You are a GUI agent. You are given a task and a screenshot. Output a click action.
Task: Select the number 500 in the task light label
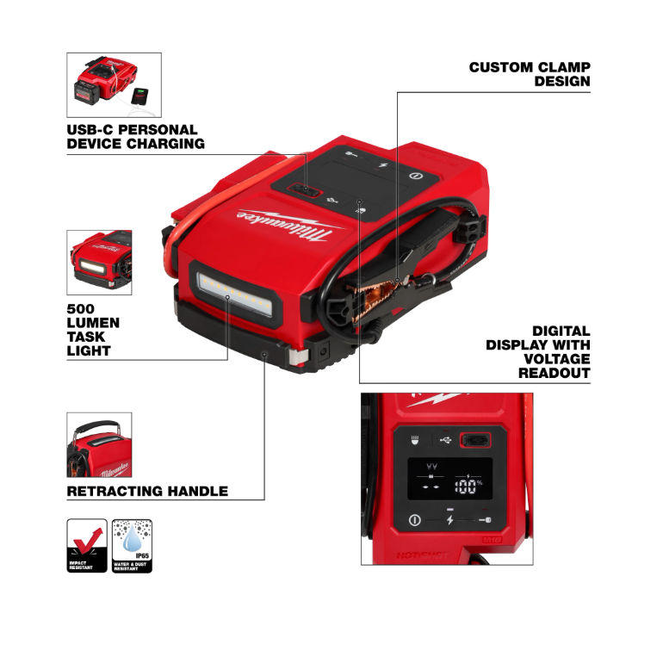click(x=80, y=308)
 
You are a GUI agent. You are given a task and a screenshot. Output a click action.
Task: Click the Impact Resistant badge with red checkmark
click(x=87, y=546)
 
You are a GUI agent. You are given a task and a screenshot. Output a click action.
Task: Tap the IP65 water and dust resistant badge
click(x=132, y=546)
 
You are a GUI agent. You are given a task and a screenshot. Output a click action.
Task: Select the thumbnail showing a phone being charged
click(x=114, y=85)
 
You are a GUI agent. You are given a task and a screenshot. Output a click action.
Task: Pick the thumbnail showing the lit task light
click(x=99, y=263)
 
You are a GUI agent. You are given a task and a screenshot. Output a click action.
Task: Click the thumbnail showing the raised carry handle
click(x=99, y=445)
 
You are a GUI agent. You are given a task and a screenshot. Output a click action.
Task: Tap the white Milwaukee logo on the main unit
click(x=288, y=225)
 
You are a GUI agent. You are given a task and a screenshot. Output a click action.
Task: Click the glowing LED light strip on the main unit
click(x=233, y=291)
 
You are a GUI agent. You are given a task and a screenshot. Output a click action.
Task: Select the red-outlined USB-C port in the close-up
click(x=474, y=441)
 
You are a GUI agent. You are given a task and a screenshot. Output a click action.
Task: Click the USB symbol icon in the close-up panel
click(x=444, y=440)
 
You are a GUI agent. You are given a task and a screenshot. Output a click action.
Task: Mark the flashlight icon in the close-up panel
click(x=414, y=440)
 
